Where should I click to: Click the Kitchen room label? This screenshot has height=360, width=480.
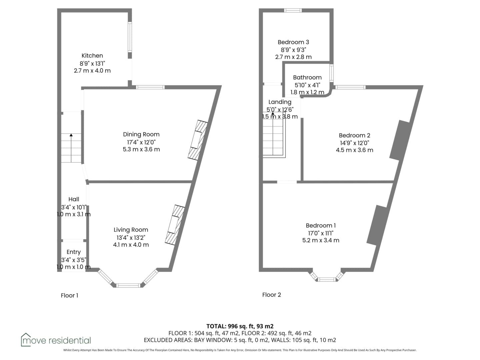tap(92, 56)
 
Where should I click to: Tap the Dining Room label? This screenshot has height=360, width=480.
tap(141, 134)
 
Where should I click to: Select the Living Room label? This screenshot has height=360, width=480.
tap(131, 230)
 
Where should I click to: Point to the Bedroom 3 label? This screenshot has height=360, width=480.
tap(293, 42)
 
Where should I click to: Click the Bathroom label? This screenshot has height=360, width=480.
tap(307, 77)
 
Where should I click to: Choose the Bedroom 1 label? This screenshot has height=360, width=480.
tap(321, 225)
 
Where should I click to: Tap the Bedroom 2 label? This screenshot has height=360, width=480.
tap(354, 135)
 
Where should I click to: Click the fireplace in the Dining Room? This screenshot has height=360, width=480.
tap(198, 140)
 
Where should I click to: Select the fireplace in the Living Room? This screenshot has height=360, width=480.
tap(175, 225)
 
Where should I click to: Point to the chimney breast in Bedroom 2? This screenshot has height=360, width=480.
tap(399, 140)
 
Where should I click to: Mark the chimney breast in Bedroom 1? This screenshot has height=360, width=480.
tap(377, 225)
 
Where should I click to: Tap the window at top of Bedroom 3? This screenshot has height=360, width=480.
tap(293, 10)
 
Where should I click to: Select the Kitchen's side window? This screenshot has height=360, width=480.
tap(130, 37)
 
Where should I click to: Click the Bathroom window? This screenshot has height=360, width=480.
tap(332, 73)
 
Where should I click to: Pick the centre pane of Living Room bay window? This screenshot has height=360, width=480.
tap(128, 285)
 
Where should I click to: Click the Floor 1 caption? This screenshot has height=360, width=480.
tap(69, 296)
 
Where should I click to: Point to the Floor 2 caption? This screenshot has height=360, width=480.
tap(271, 295)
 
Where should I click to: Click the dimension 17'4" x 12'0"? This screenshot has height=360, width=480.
tap(141, 142)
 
